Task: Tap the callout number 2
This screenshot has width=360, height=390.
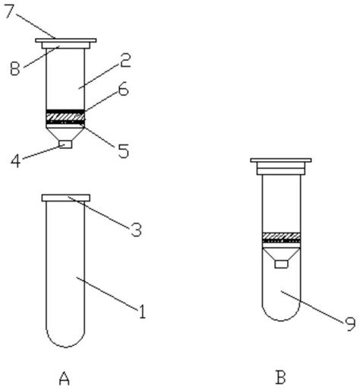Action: point(125,60)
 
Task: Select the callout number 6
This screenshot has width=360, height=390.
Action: point(124,89)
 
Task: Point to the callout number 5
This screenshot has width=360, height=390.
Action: point(124,151)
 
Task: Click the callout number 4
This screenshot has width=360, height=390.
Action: point(15,160)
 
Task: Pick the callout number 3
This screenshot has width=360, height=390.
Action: point(136,230)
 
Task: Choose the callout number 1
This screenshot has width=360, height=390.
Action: point(142,311)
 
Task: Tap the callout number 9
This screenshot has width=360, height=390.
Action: point(351,324)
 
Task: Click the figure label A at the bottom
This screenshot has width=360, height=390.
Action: point(65,379)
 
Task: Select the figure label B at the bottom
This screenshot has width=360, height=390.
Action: point(280,378)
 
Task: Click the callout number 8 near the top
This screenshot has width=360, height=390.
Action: point(15,68)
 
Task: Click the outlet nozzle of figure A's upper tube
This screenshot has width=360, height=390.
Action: point(65,144)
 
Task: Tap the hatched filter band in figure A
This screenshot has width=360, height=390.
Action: point(65,117)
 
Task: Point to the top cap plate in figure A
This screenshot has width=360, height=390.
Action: point(66,40)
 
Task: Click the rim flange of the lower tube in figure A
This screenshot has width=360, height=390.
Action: point(66,198)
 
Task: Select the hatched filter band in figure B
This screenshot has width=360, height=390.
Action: point(281,236)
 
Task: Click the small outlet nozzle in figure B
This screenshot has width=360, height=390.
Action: point(281,264)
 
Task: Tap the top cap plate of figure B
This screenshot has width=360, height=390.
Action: point(281,160)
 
